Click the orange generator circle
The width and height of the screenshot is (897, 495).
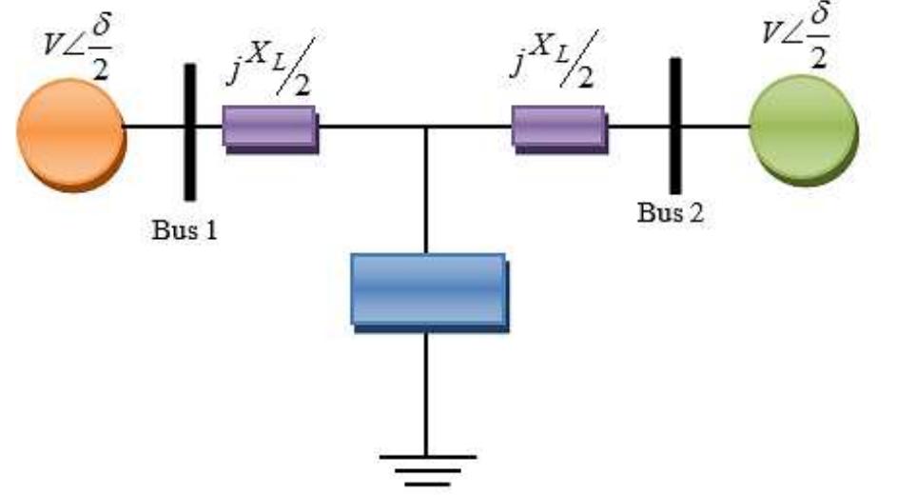coord(71,134)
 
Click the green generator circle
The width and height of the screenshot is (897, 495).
coord(803,129)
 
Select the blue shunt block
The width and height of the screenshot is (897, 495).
coord(430,292)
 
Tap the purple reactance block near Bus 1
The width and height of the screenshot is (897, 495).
coord(270,129)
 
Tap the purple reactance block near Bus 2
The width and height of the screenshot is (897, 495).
coord(559,129)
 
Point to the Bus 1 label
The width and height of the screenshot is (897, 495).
coord(185,230)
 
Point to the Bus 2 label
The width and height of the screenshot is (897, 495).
coord(671,213)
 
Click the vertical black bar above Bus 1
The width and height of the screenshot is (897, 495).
coord(190,131)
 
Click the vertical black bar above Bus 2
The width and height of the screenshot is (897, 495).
coord(675,126)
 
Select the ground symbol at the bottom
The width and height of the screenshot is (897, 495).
coord(427,471)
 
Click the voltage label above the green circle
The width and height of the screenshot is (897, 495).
coord(796,35)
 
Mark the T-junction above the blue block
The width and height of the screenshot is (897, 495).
coord(426,126)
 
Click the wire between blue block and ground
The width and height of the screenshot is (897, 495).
coord(426,394)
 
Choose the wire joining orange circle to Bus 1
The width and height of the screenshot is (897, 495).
coord(154,126)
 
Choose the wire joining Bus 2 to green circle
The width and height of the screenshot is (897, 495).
coord(715,126)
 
